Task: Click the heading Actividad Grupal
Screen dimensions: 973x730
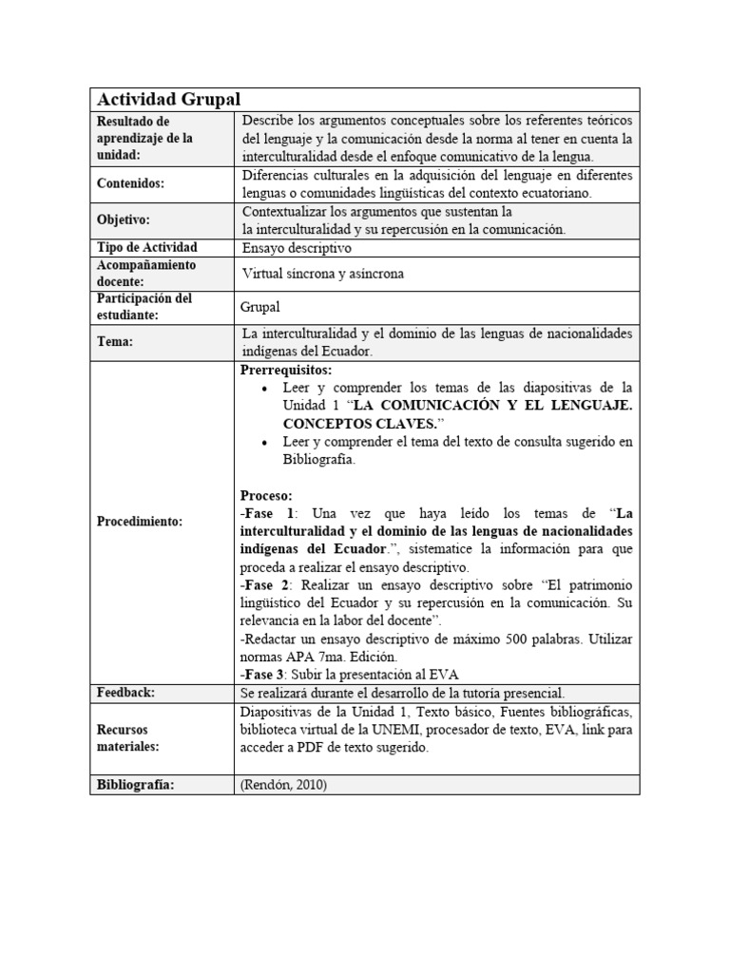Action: click(168, 99)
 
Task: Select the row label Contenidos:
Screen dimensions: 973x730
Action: click(131, 183)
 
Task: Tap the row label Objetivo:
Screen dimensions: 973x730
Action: click(124, 219)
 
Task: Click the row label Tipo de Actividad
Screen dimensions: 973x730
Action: click(147, 247)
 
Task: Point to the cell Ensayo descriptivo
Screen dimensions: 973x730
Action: click(297, 248)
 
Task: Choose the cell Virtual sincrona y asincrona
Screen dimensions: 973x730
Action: click(323, 274)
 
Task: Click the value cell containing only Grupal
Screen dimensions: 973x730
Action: click(261, 307)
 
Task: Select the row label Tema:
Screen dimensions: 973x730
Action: click(116, 341)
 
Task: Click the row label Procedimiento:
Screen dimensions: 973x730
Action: click(140, 522)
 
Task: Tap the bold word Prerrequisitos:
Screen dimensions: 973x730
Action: click(286, 370)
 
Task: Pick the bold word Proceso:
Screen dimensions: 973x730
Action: click(267, 495)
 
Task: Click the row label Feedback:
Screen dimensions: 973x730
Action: click(126, 693)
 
